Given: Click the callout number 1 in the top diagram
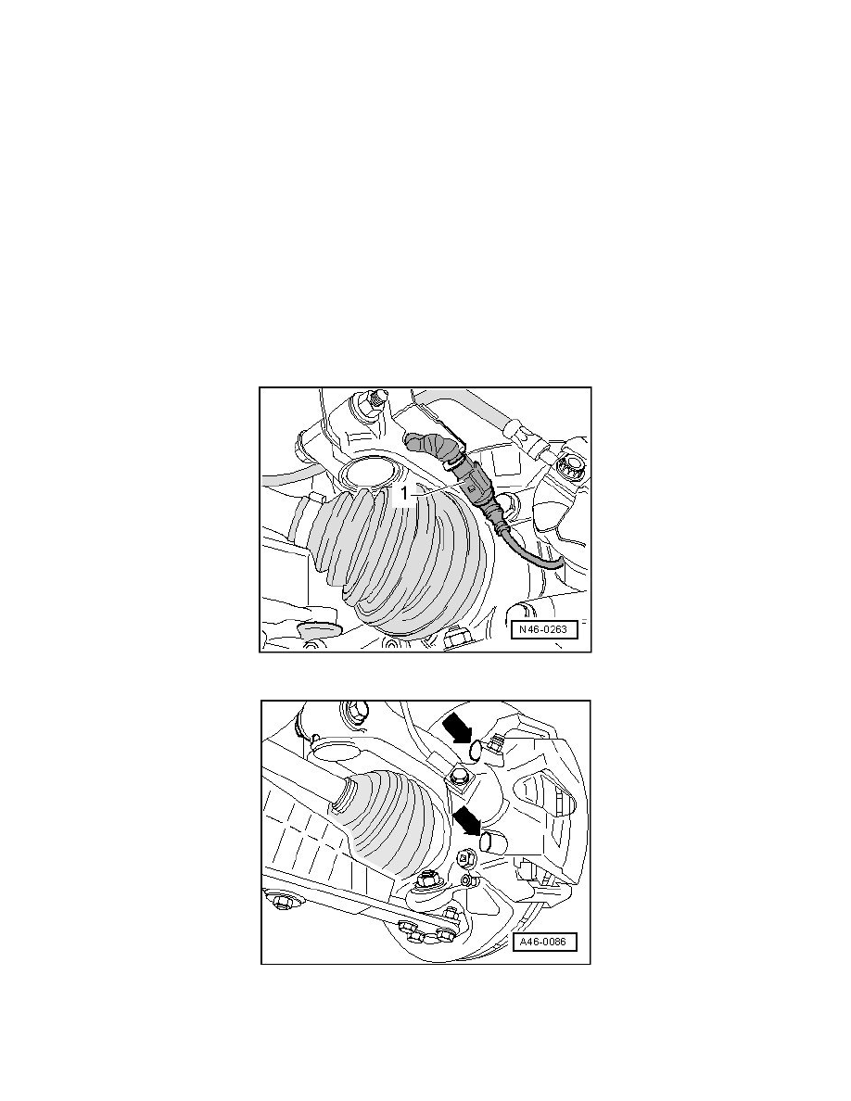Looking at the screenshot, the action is (404, 494).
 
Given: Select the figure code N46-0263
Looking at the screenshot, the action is (542, 629).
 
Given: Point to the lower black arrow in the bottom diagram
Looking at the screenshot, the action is (470, 820).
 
